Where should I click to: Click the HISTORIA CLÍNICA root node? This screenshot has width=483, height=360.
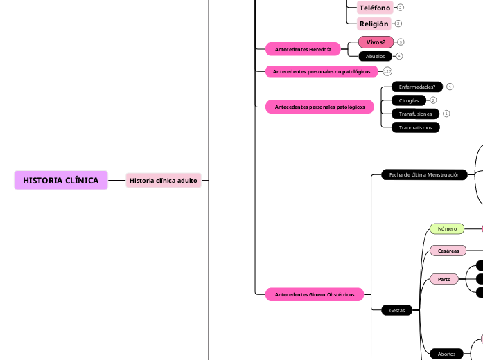point(61,180)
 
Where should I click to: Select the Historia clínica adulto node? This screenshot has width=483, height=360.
point(164,180)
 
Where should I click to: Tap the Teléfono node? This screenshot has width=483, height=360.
point(375,8)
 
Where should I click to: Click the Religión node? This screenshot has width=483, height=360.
point(374,24)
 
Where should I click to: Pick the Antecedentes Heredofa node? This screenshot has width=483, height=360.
point(303,49)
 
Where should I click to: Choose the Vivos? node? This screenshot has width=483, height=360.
point(376,42)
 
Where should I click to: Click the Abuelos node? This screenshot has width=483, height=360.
point(375,56)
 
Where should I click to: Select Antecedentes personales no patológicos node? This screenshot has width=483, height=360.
point(322,71)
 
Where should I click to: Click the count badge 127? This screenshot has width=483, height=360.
point(387,71)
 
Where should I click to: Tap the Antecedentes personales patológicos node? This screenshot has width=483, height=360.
point(319,107)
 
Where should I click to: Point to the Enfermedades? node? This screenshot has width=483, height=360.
point(417,87)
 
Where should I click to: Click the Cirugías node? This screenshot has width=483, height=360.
point(409,100)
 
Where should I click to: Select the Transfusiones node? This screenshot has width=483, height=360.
point(415,114)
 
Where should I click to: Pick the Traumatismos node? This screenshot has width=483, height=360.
point(415,127)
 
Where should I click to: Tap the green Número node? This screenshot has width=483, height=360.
point(447,228)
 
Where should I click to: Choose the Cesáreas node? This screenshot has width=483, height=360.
point(448,251)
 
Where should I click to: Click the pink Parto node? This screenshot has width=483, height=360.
point(444,279)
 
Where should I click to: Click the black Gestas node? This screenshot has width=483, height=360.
point(397,311)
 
